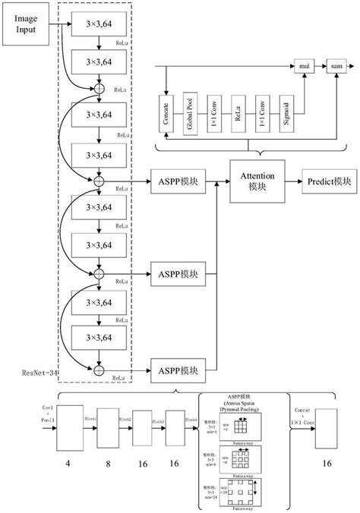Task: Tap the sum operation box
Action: (336, 68)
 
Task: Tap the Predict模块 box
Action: (329, 181)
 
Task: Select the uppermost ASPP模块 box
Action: (178, 181)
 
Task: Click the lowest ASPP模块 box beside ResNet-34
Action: (178, 370)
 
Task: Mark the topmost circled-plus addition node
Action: (98, 88)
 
